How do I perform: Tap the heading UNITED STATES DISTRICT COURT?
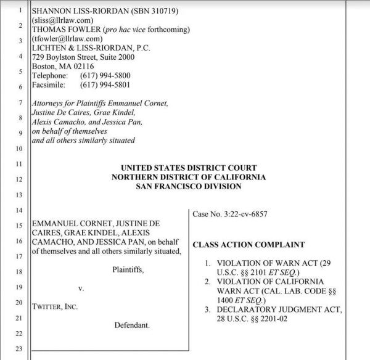tap(189, 168)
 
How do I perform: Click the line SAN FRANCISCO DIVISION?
tap(189, 186)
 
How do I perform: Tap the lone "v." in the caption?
tap(81, 288)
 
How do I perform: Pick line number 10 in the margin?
tap(18, 149)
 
